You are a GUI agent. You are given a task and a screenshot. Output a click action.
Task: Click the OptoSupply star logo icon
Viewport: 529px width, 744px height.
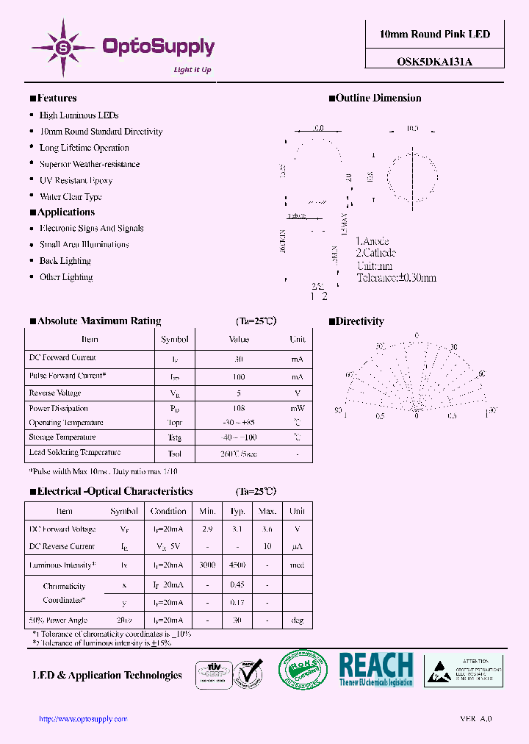[x=63, y=48]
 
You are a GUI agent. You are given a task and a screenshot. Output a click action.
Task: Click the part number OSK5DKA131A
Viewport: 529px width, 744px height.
[x=430, y=62]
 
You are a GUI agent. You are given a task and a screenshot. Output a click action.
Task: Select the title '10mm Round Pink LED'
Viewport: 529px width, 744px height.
[x=434, y=35]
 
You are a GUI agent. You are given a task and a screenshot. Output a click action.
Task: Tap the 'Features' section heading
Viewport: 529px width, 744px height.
[x=57, y=98]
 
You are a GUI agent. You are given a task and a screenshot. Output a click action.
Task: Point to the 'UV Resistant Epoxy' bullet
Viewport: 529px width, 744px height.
[x=76, y=180]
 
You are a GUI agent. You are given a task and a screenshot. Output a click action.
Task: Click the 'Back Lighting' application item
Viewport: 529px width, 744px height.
[x=65, y=261]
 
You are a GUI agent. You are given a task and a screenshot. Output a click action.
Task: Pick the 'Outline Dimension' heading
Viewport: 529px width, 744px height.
[x=378, y=98]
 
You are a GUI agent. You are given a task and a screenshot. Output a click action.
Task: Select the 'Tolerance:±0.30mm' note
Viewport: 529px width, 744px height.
[x=396, y=278]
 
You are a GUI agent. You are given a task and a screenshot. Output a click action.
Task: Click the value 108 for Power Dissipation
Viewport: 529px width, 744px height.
[x=239, y=408]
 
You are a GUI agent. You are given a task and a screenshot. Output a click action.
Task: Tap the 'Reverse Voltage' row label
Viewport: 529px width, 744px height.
[x=55, y=393]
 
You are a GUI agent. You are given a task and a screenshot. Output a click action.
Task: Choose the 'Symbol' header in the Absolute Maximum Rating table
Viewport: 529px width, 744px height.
[x=175, y=340]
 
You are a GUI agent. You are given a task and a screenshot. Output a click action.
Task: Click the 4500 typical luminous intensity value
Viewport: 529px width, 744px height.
[x=238, y=565]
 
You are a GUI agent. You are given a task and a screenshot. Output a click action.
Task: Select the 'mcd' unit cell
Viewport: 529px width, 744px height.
[x=297, y=565]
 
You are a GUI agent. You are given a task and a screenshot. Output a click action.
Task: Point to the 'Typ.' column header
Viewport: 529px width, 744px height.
[x=238, y=511]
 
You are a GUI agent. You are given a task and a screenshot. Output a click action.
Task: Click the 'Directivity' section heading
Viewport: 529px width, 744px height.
[x=359, y=321]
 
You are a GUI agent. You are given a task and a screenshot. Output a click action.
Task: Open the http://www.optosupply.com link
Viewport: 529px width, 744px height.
[x=82, y=719]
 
